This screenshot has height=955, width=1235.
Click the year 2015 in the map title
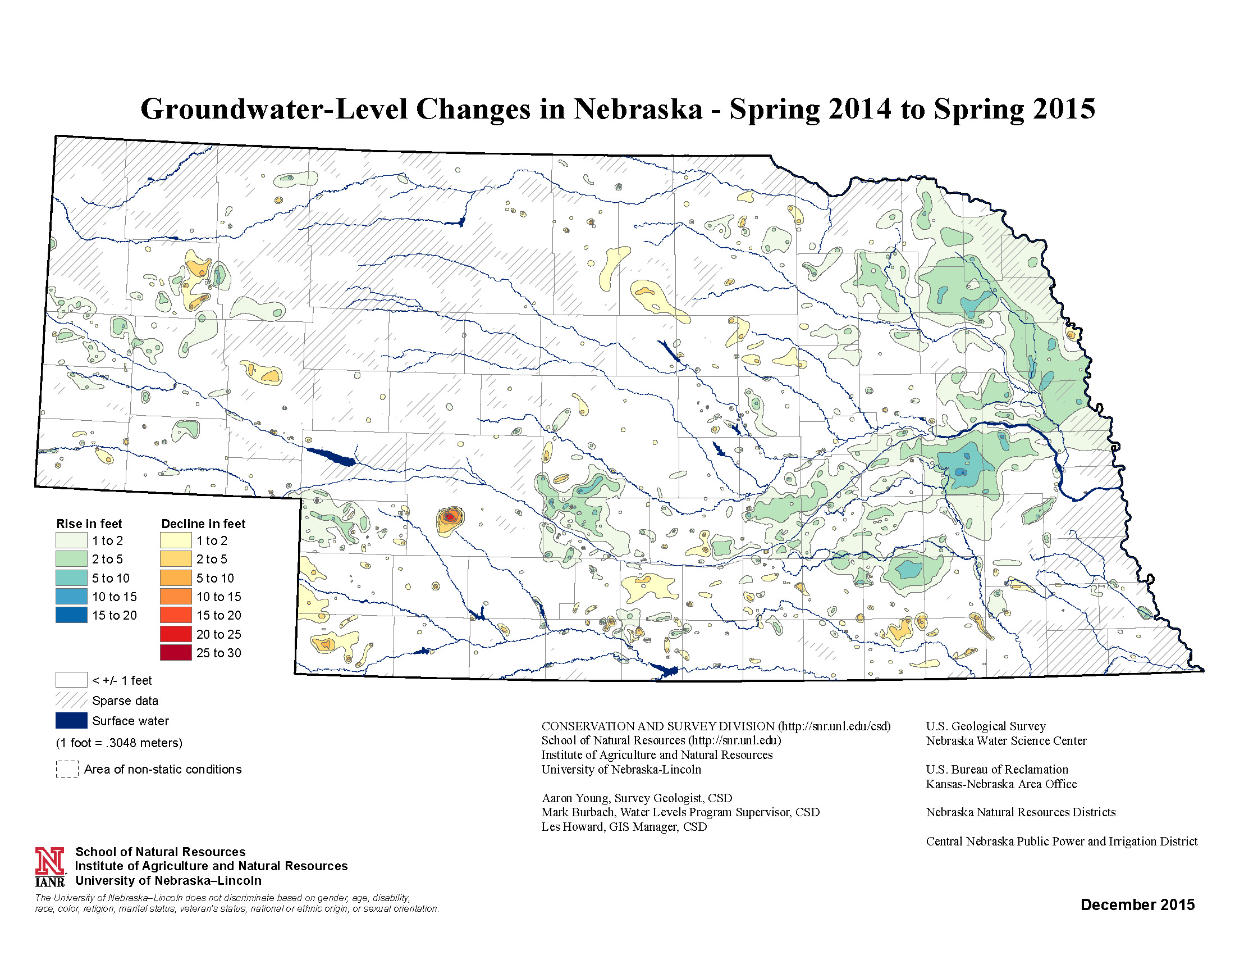(x=1062, y=108)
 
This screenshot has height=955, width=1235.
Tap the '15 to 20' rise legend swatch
(x=71, y=615)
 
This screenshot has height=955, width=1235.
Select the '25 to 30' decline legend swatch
(x=175, y=652)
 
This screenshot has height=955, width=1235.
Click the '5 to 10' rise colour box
(x=71, y=577)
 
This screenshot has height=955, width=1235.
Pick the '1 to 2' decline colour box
(x=175, y=540)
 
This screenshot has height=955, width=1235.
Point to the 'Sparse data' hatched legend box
(x=71, y=701)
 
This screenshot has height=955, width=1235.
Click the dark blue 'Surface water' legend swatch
(x=71, y=721)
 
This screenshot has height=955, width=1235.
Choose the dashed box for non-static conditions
(x=67, y=770)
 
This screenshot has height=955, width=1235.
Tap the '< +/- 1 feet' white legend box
(x=71, y=680)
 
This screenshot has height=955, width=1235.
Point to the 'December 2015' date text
(x=1137, y=904)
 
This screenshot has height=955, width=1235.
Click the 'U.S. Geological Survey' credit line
(x=986, y=726)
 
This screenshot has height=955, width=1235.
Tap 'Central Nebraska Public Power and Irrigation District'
(x=1062, y=842)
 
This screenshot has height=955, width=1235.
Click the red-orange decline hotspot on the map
(x=450, y=516)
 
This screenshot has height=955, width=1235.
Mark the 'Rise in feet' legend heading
(x=89, y=524)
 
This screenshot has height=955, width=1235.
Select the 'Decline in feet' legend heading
(x=204, y=524)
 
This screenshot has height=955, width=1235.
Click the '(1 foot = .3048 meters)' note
(x=119, y=743)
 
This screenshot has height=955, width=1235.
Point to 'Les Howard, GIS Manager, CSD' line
(x=624, y=826)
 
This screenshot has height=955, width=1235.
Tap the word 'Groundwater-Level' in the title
(x=274, y=108)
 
